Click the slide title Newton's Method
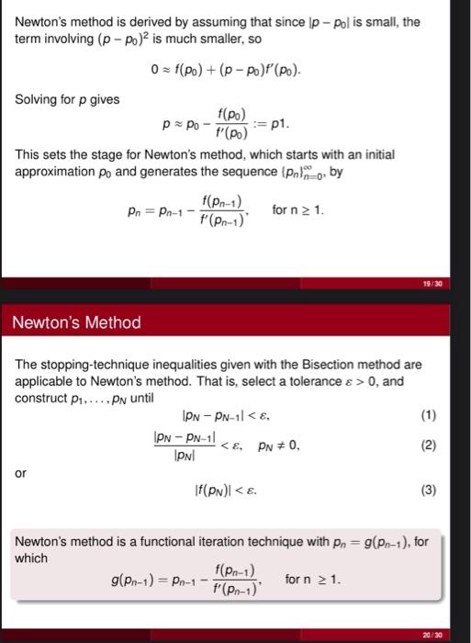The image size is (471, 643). (x=76, y=322)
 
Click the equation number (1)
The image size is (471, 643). (x=428, y=414)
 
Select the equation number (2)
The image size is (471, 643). (x=428, y=446)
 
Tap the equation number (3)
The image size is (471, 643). (x=428, y=491)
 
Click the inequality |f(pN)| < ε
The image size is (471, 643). (x=223, y=491)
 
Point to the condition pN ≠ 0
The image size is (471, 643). (x=279, y=446)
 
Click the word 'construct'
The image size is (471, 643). (x=41, y=398)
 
